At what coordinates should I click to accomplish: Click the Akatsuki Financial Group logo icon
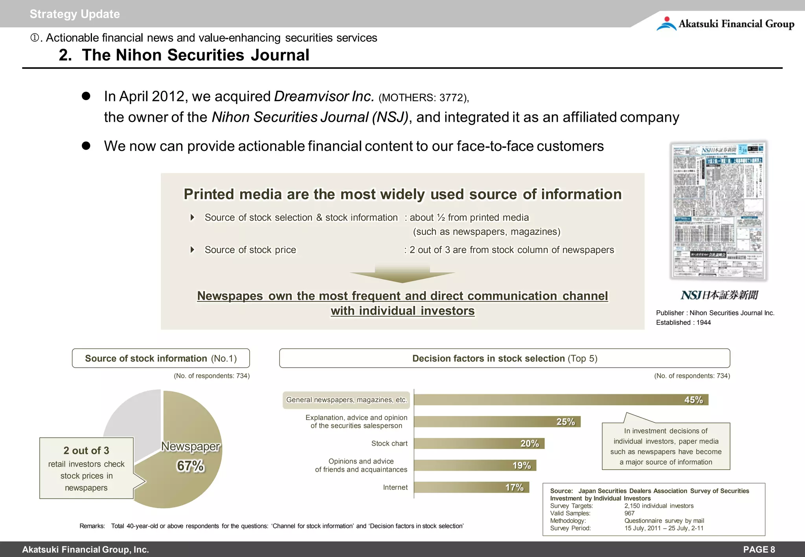pos(666,24)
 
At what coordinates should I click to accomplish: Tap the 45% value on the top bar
pos(693,400)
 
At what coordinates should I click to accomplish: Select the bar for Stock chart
pos(479,443)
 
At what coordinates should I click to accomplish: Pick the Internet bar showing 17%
pos(471,487)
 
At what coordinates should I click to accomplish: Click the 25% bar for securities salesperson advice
pos(497,422)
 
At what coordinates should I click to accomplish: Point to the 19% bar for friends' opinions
pos(475,465)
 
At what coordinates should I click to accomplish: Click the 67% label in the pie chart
pos(190,466)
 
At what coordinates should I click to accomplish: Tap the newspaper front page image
pos(719,210)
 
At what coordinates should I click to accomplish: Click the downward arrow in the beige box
pos(402,274)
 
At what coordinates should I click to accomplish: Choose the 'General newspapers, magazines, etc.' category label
pos(346,400)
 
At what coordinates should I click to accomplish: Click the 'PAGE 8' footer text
pos(759,550)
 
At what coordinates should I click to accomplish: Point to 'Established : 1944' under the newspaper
pos(683,322)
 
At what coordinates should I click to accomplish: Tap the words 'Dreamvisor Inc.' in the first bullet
pos(324,96)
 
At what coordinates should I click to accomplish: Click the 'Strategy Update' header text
pos(75,14)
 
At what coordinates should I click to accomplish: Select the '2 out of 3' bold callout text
pos(86,451)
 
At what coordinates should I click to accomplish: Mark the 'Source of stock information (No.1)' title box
pos(161,358)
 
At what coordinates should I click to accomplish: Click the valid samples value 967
pos(630,513)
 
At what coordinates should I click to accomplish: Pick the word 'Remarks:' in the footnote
pos(92,526)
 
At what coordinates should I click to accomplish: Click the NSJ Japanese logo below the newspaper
pos(719,295)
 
